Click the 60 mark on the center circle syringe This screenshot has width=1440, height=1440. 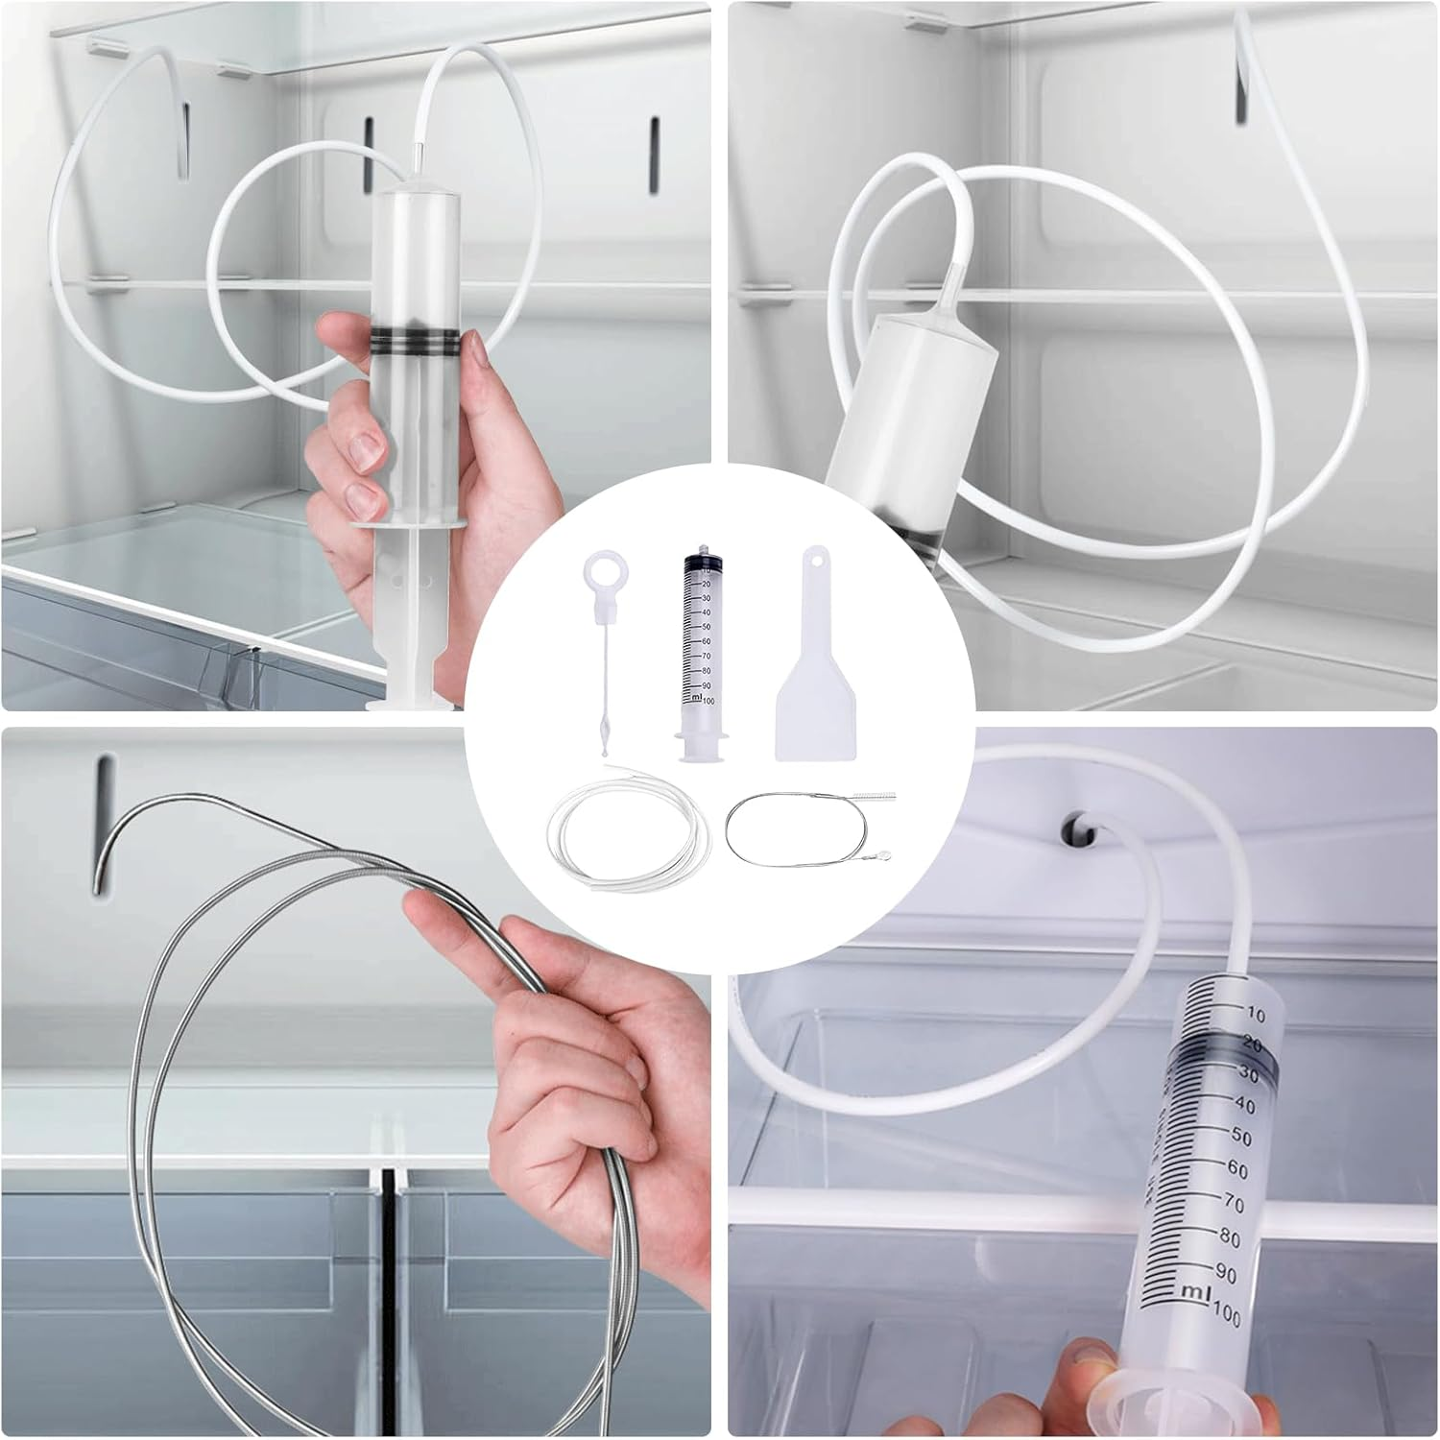(706, 640)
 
